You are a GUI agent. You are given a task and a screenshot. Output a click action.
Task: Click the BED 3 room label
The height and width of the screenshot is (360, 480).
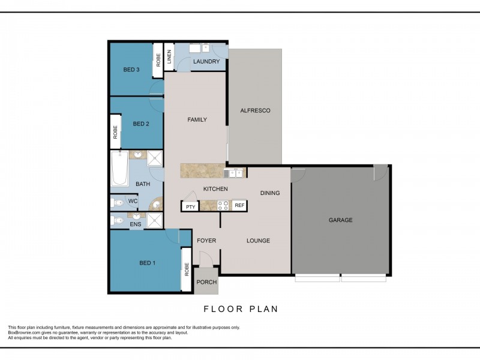[x=131, y=70]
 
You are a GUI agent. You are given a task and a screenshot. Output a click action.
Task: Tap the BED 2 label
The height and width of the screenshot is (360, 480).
[x=140, y=124]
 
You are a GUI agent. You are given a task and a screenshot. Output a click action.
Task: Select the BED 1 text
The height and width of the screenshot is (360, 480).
[x=147, y=263]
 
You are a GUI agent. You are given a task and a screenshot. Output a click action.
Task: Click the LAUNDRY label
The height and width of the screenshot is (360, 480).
[x=206, y=61]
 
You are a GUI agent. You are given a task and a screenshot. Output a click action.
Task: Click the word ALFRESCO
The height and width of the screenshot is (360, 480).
[x=255, y=110]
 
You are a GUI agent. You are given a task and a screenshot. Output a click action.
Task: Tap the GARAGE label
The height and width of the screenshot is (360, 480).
[x=340, y=220]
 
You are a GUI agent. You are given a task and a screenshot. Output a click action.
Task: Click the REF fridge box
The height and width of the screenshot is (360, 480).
[x=239, y=206]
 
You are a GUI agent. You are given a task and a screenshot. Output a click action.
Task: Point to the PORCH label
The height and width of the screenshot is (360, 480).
[x=206, y=282]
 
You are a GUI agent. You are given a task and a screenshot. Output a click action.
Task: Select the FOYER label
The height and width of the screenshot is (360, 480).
[x=206, y=241]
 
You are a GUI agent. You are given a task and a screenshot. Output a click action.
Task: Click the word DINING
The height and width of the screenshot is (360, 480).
[x=271, y=193]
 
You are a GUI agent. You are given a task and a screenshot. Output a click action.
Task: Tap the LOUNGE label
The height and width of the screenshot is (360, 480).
[x=259, y=241]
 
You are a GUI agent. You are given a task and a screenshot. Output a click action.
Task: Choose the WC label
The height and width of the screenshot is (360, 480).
[x=133, y=202]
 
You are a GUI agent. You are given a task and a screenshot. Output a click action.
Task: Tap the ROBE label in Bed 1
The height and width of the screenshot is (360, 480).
[x=187, y=269]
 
